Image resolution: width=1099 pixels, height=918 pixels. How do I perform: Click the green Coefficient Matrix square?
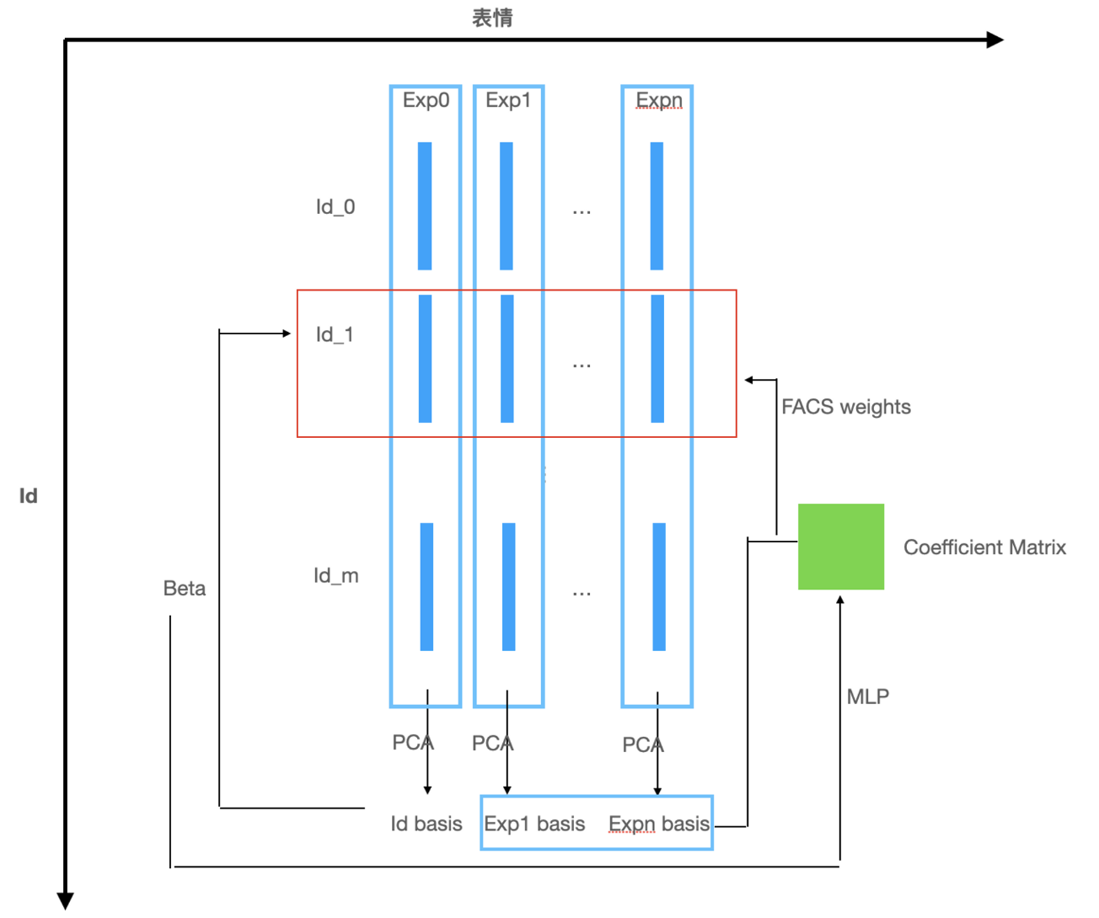pos(840,547)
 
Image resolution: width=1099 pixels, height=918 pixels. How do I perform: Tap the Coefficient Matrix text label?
pos(984,547)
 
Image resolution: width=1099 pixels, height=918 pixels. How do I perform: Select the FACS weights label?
pos(845,407)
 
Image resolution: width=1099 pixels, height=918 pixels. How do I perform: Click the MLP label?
pos(867,697)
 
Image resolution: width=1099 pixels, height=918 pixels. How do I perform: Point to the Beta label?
pos(185,588)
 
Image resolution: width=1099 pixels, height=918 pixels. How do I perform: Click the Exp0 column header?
pos(426,100)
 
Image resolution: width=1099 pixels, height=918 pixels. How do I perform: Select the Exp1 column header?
pos(508,100)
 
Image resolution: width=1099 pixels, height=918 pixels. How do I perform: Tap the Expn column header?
pos(658,100)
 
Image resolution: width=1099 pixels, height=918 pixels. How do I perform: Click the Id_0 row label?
pos(335,206)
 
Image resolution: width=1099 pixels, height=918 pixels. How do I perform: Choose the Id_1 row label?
pos(335,334)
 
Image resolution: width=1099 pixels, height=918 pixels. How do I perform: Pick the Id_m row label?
pos(335,575)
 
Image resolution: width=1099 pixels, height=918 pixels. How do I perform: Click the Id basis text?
pos(426,824)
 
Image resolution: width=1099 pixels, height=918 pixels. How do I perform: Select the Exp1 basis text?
pos(534,824)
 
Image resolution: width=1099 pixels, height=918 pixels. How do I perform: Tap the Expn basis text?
pos(658,824)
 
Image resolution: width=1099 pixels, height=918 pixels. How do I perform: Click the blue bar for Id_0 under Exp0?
pos(425,205)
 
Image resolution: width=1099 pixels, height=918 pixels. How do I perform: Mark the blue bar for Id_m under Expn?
pos(659,586)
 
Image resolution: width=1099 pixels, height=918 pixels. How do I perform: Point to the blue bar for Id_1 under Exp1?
pos(507,358)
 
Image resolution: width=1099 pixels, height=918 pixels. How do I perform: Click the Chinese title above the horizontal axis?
pos(492,18)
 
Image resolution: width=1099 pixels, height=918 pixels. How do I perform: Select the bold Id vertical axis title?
pos(28,495)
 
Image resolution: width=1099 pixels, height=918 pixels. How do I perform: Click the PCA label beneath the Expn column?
pos(642,745)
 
